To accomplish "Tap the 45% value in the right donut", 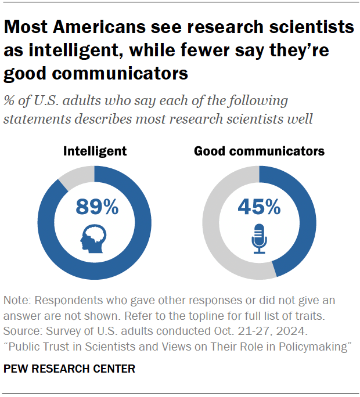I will [x=259, y=206].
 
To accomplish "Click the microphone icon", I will [x=259, y=238].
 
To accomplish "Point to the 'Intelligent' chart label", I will [x=95, y=151].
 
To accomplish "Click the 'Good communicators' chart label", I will [x=259, y=151].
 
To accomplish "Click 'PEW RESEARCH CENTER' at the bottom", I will [x=69, y=369].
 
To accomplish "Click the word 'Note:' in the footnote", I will [x=17, y=301].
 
